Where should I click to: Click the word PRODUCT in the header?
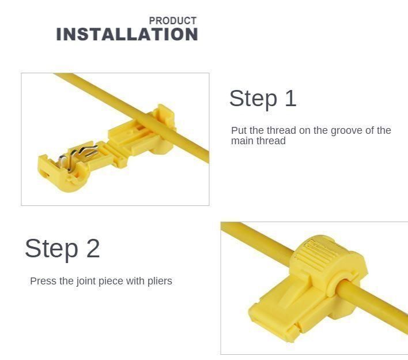tap(172, 21)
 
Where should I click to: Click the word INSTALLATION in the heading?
tap(127, 35)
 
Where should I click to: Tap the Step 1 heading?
tap(263, 99)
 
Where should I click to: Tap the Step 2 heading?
tap(62, 249)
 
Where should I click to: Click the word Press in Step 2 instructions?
tap(43, 281)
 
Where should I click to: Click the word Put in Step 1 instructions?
tap(239, 130)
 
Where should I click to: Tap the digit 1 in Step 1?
tap(290, 99)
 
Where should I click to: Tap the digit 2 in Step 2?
tap(93, 249)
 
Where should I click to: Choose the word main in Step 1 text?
tap(242, 141)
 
